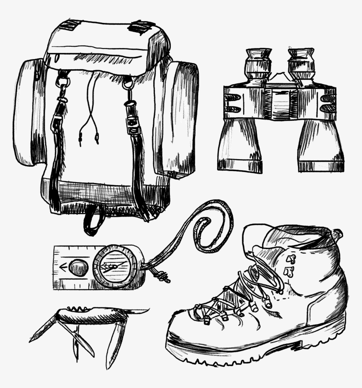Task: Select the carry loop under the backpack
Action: [x=94, y=220]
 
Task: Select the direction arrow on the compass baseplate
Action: [x=62, y=267]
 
